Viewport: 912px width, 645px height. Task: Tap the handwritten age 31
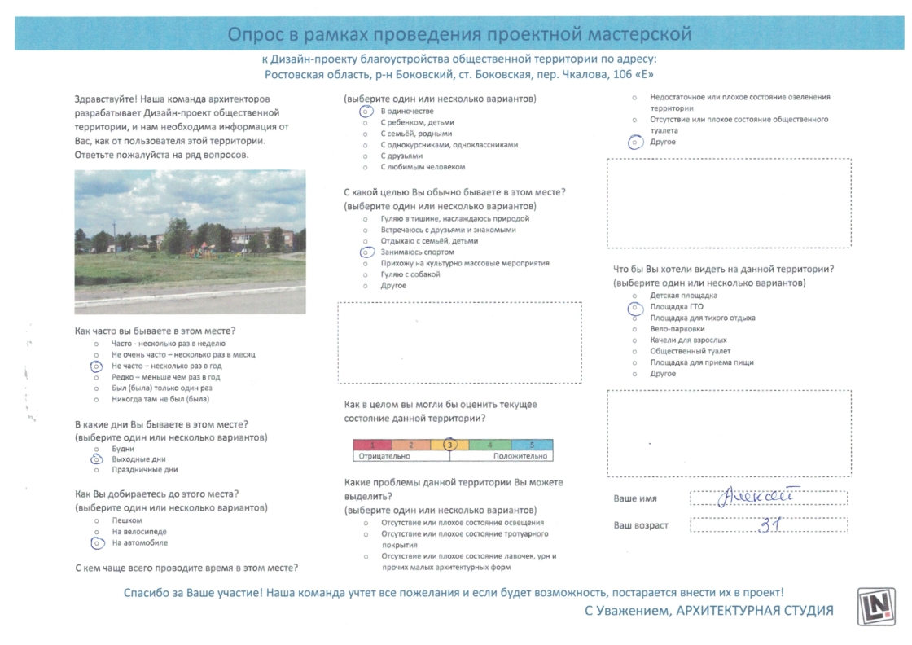click(769, 524)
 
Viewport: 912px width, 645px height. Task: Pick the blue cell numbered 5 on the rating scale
click(532, 445)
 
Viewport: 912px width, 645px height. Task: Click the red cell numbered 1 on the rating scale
click(372, 445)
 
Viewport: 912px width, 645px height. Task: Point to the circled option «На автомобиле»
click(139, 542)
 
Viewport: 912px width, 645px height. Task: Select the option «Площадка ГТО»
click(676, 307)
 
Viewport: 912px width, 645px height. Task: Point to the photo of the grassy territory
click(190, 242)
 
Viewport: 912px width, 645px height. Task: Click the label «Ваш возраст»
click(641, 525)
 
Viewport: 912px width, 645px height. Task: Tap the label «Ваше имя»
click(635, 498)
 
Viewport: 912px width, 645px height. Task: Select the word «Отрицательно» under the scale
click(382, 457)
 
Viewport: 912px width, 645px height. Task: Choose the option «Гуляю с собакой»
click(410, 274)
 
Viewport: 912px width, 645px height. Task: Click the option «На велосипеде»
click(139, 531)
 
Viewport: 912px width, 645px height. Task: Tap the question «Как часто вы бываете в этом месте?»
click(155, 331)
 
